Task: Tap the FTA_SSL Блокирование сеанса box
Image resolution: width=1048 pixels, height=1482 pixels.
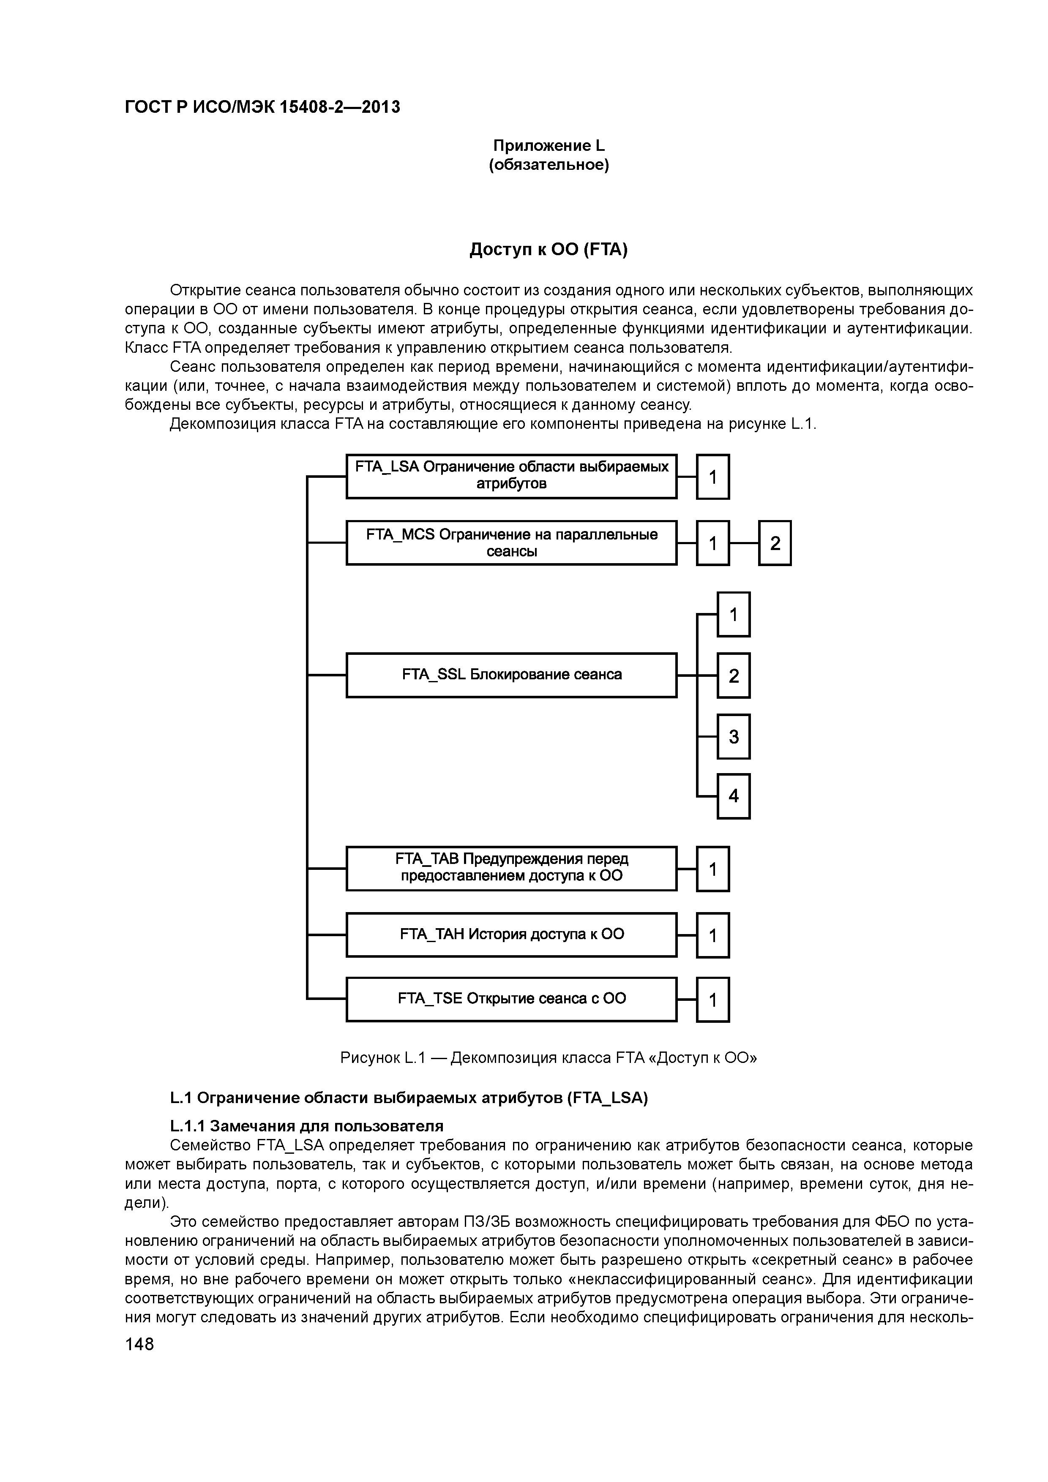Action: pyautogui.click(x=511, y=675)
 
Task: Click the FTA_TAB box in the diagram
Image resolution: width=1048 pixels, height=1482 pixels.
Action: pyautogui.click(x=511, y=868)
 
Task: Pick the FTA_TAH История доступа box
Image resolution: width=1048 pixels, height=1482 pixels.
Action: pyautogui.click(x=511, y=934)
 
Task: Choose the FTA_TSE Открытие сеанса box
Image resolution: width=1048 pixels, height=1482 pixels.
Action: pyautogui.click(x=511, y=999)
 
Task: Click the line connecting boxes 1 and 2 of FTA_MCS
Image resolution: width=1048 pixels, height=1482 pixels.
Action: pyautogui.click(x=743, y=543)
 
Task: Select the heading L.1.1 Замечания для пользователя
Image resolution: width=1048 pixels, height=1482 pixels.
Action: pyautogui.click(x=306, y=1126)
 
